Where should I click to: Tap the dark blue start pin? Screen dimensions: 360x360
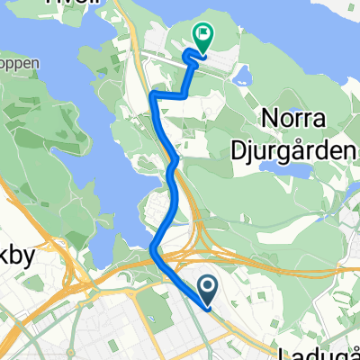207,288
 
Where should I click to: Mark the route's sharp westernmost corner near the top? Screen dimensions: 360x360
152,94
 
